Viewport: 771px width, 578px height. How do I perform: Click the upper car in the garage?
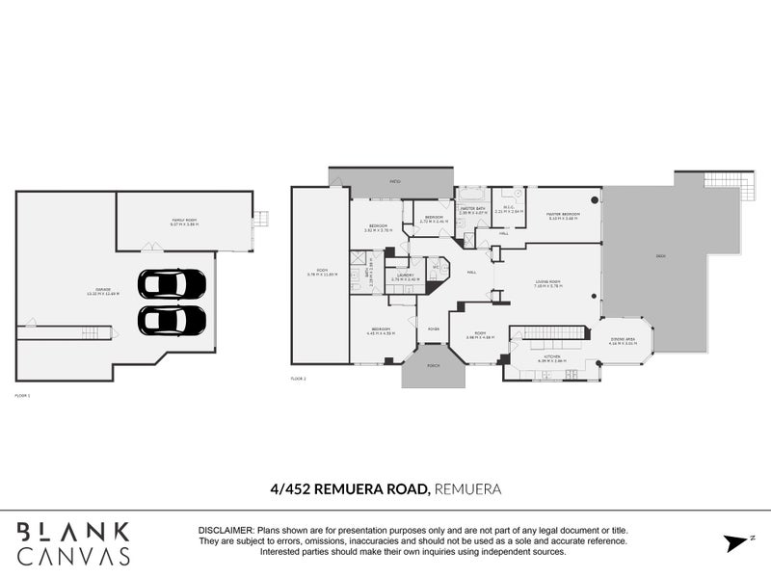[x=172, y=284]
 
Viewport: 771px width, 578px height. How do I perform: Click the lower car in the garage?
[x=172, y=320]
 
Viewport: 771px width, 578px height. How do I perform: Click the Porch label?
[x=433, y=365]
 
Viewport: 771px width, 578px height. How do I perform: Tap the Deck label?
[x=659, y=256]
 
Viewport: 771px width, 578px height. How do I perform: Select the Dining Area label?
[x=624, y=338]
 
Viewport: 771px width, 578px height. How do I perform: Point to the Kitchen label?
[x=552, y=359]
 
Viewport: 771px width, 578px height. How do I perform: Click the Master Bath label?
[x=471, y=206]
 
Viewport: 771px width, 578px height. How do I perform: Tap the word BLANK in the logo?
[x=72, y=531]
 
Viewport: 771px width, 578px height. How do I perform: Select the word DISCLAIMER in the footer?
[x=225, y=531]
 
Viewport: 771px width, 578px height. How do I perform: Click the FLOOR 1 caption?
[x=23, y=395]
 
